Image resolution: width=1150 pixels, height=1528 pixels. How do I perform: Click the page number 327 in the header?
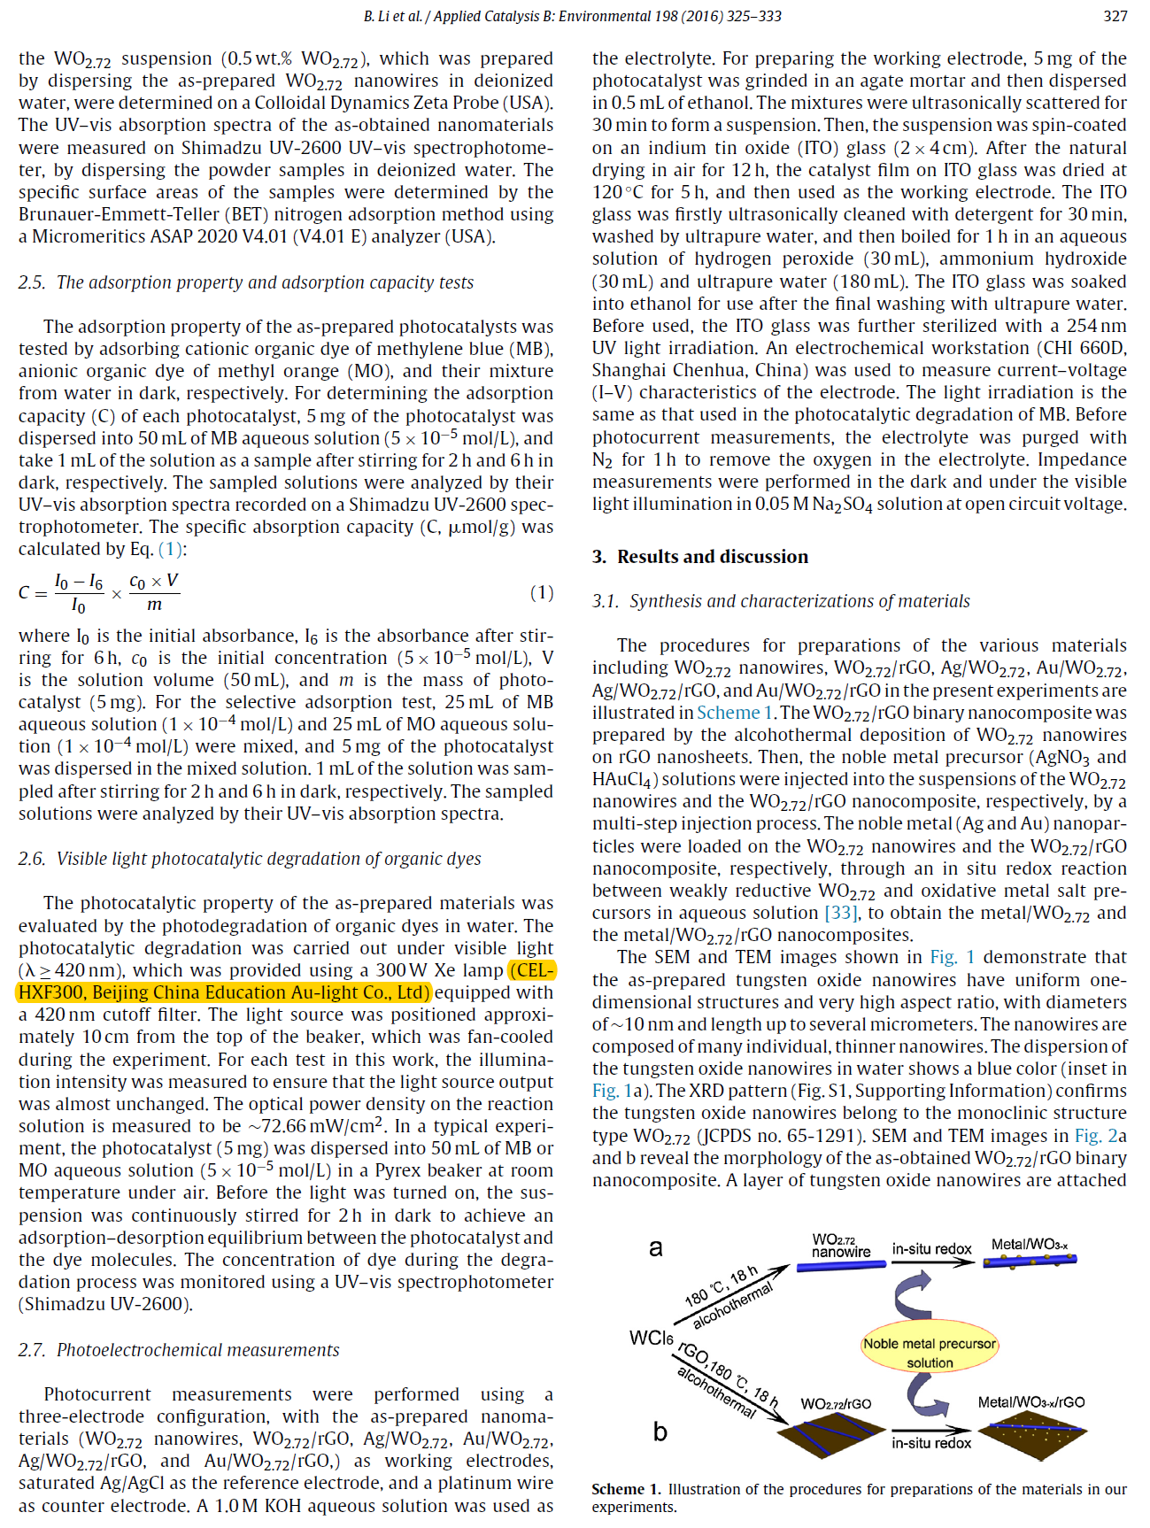(x=1115, y=16)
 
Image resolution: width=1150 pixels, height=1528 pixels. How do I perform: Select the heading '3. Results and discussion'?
(x=700, y=557)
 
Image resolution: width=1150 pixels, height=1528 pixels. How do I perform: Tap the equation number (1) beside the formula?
(x=542, y=592)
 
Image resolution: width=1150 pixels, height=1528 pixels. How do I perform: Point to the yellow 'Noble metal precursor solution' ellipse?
(x=930, y=1353)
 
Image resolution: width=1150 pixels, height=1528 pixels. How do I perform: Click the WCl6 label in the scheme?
(x=651, y=1338)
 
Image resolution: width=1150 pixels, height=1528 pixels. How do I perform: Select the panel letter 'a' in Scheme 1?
(x=656, y=1248)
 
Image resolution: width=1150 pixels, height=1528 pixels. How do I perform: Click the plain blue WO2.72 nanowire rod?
(x=841, y=1266)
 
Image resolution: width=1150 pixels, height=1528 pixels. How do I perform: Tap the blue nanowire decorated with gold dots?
(x=1030, y=1259)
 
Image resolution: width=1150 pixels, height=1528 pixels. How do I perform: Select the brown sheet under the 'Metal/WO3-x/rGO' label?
(x=1031, y=1430)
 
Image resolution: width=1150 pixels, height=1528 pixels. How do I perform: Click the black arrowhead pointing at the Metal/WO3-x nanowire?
(x=967, y=1262)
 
